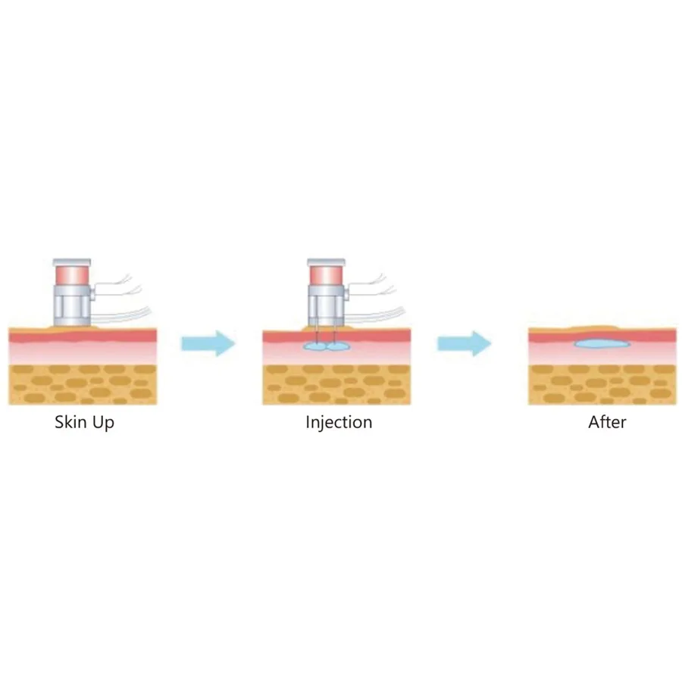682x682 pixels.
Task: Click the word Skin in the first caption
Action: (x=70, y=422)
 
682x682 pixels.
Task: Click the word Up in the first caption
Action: (x=104, y=423)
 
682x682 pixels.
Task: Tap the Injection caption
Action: (x=339, y=423)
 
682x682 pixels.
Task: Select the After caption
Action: (x=607, y=422)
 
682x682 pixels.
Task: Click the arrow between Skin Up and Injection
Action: (x=208, y=343)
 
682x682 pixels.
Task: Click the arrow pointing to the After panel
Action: (x=464, y=343)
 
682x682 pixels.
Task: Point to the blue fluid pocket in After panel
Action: (x=602, y=344)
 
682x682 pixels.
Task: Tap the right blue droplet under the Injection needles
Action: (x=339, y=346)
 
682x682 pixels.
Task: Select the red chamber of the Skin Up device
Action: (x=72, y=275)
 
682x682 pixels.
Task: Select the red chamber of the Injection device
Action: (x=327, y=275)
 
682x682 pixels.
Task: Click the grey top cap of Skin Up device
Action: (x=72, y=263)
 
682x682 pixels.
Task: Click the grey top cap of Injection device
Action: (x=327, y=263)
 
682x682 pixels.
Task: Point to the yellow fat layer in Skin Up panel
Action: (x=83, y=385)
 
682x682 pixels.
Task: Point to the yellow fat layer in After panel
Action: (x=602, y=385)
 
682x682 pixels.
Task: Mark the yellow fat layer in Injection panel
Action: (x=336, y=385)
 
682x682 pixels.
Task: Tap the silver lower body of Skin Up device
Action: (x=72, y=305)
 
